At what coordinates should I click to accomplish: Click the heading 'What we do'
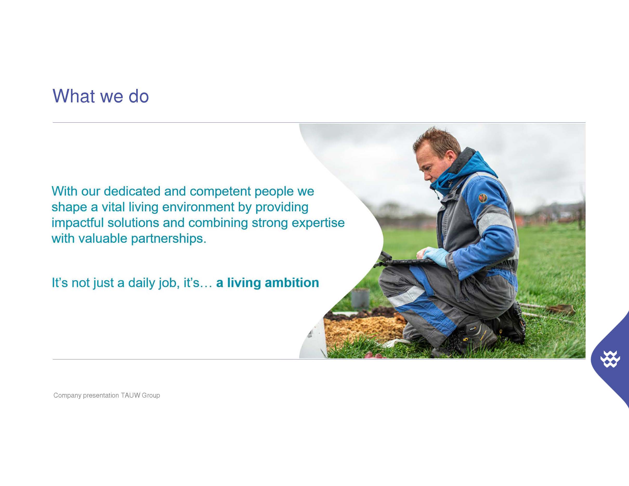[x=101, y=96]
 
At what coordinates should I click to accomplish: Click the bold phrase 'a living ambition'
[x=267, y=283]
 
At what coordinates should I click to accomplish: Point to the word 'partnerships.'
[x=169, y=239]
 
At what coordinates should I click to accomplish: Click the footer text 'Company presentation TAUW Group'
[x=107, y=395]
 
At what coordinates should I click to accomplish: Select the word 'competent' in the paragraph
[x=220, y=191]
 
